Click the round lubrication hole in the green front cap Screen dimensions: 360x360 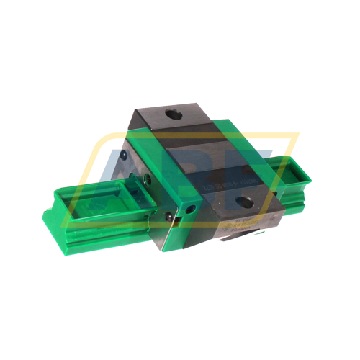click(192, 206)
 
